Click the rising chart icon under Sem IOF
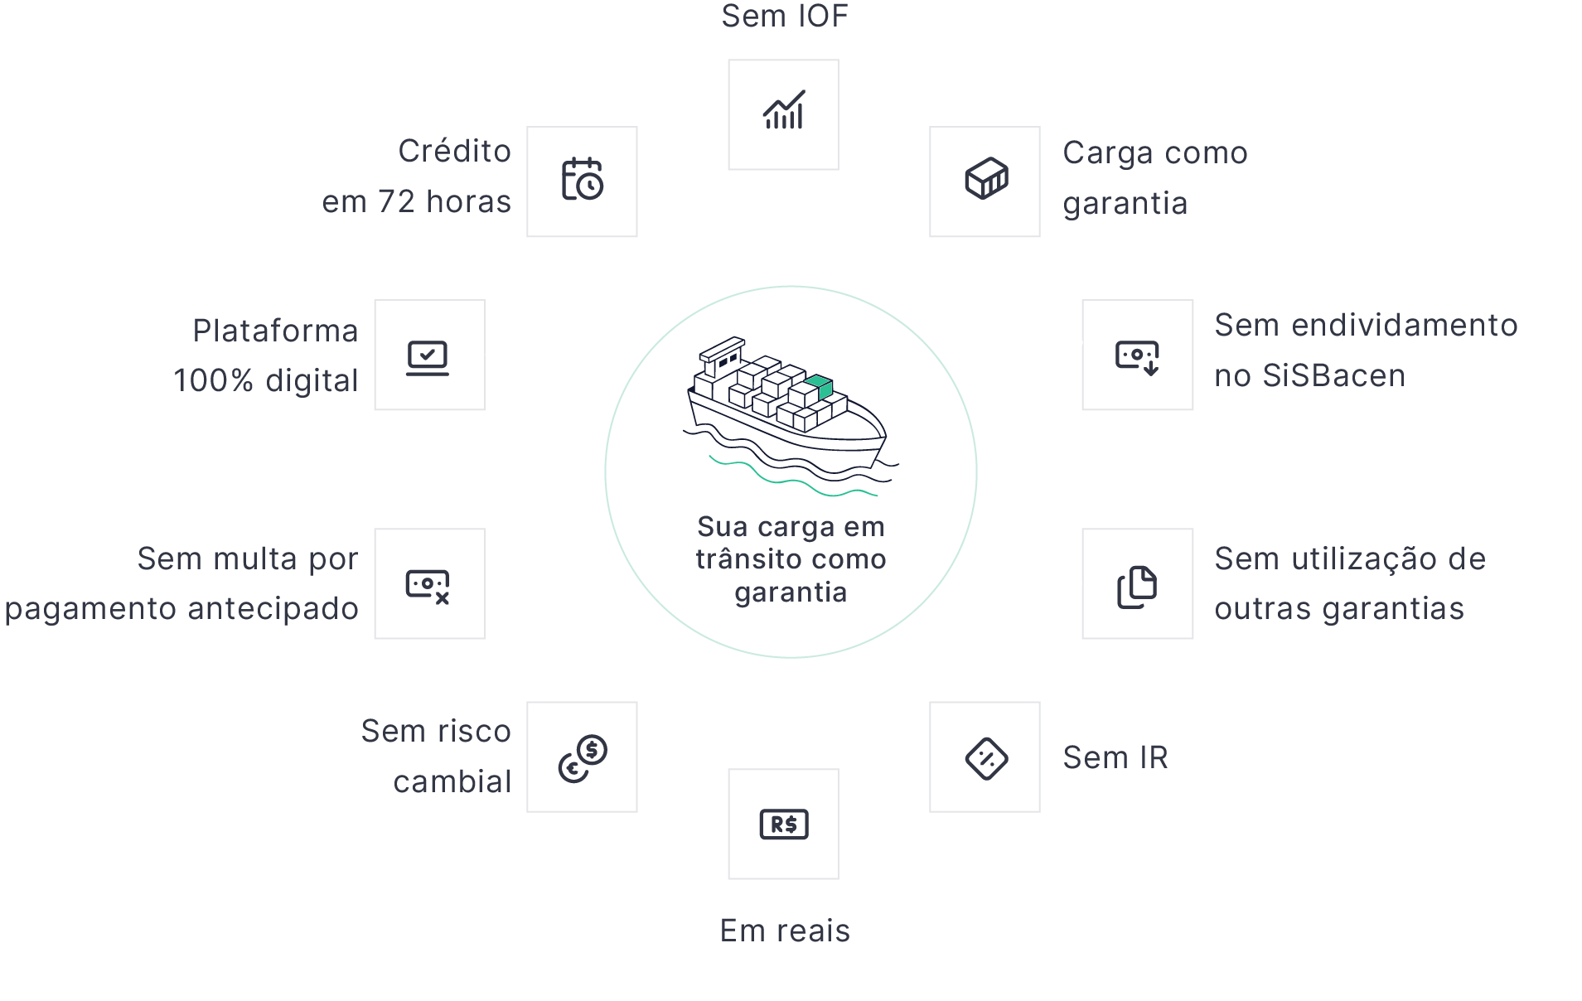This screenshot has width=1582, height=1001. click(x=783, y=111)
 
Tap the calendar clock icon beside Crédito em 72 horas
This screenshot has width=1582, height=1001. click(x=582, y=180)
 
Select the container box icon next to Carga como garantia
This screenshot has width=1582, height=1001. click(x=985, y=179)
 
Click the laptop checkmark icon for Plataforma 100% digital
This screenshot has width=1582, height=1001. click(x=428, y=357)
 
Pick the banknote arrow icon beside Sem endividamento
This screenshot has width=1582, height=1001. click(x=1137, y=357)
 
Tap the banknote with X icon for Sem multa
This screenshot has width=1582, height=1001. click(x=428, y=586)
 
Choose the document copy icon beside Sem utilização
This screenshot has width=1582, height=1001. click(x=1137, y=587)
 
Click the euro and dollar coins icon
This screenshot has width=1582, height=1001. click(x=582, y=757)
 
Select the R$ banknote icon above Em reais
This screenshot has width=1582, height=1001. click(x=783, y=824)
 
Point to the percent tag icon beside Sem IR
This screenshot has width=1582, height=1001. click(x=985, y=757)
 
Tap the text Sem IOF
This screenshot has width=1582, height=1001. click(x=784, y=17)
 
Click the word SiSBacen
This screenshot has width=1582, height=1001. click(x=1333, y=376)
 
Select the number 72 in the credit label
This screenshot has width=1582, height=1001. click(x=396, y=202)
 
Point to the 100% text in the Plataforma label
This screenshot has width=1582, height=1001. click(x=213, y=381)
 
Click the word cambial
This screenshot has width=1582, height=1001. click(x=452, y=781)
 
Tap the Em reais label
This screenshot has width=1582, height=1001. click(x=784, y=931)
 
